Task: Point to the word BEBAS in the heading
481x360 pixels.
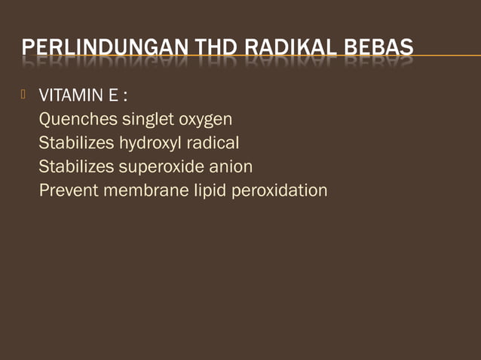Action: coord(381,50)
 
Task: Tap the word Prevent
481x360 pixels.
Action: coord(66,190)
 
